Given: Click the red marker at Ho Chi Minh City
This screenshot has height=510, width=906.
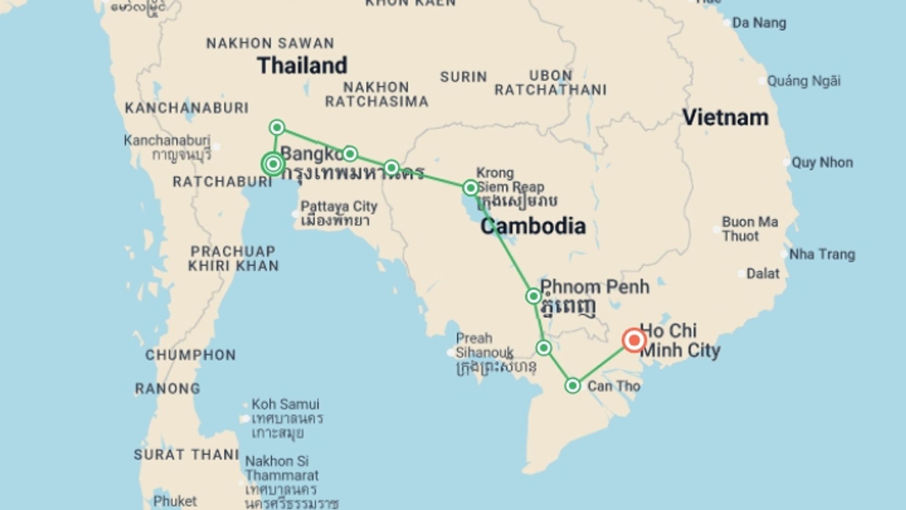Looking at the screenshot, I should pyautogui.click(x=634, y=340).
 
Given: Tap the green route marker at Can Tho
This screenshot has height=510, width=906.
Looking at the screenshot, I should pyautogui.click(x=572, y=386).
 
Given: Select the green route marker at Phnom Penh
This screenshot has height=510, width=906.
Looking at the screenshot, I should pyautogui.click(x=533, y=296).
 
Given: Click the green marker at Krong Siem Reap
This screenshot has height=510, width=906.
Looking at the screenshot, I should pyautogui.click(x=470, y=187).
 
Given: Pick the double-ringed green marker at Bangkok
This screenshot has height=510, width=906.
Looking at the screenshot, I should pyautogui.click(x=273, y=164).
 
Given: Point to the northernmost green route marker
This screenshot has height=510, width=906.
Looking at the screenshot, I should pyautogui.click(x=277, y=127).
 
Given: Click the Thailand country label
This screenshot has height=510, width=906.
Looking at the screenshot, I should pyautogui.click(x=302, y=65).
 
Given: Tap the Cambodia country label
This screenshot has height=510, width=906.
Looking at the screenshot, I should pyautogui.click(x=533, y=226).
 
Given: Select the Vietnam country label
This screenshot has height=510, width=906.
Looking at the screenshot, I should pyautogui.click(x=725, y=117).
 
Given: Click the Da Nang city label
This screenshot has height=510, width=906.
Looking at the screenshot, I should pyautogui.click(x=759, y=23).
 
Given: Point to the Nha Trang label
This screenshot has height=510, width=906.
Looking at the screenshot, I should pyautogui.click(x=822, y=255).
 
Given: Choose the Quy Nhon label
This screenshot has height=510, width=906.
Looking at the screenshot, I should pyautogui.click(x=822, y=162).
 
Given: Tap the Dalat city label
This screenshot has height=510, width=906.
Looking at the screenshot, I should pyautogui.click(x=763, y=273).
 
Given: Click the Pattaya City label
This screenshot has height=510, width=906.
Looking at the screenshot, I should pyautogui.click(x=339, y=207).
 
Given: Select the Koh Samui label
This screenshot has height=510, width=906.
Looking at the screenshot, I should pyautogui.click(x=285, y=404).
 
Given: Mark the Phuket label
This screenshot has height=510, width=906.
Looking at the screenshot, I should pyautogui.click(x=175, y=501).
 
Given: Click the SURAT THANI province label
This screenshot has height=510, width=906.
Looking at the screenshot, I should pyautogui.click(x=186, y=455).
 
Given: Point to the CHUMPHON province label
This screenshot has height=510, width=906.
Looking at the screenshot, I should pyautogui.click(x=190, y=355).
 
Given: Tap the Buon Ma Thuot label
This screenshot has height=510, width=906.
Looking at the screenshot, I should pyautogui.click(x=750, y=229).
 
